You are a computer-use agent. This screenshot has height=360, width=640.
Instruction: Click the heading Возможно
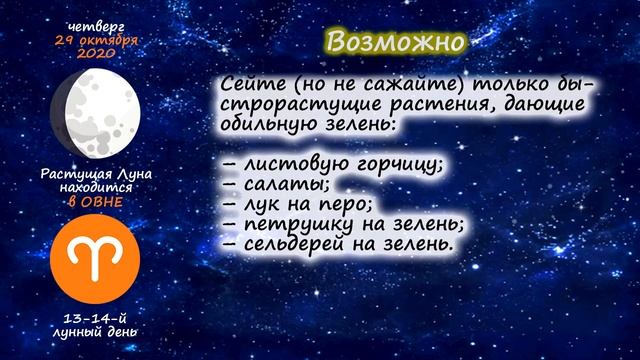(x=396, y=43)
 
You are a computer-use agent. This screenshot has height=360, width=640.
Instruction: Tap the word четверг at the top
(x=94, y=24)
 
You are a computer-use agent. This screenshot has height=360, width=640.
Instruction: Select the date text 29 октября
(x=95, y=38)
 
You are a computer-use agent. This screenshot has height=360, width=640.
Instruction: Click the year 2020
(x=95, y=52)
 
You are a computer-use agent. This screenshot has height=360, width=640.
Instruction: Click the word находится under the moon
(x=95, y=187)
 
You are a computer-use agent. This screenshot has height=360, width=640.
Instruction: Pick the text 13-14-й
(x=95, y=317)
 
